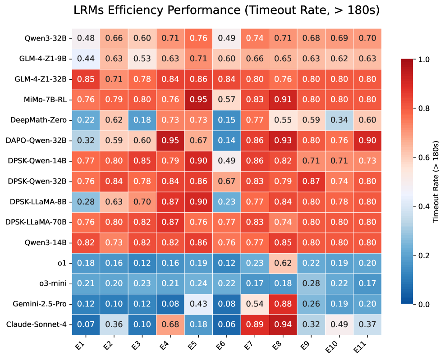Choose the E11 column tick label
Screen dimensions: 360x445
pos(361,346)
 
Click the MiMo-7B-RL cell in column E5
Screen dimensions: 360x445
pos(198,100)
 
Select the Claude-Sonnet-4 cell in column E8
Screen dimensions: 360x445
pos(283,324)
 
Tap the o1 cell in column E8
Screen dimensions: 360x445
pos(283,263)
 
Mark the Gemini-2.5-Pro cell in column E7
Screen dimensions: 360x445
pos(255,304)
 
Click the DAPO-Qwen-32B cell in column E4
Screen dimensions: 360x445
pos(170,140)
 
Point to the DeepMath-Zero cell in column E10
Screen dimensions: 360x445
pos(339,120)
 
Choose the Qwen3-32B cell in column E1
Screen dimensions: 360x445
pos(86,38)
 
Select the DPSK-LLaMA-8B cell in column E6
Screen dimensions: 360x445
pos(227,202)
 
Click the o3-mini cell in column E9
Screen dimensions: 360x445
pos(311,283)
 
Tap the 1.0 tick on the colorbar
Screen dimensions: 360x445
pos(424,59)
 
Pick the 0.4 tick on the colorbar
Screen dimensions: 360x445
pos(424,206)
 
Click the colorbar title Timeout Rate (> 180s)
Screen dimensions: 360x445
pos(436,181)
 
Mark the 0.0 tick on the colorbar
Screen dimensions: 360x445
pos(424,304)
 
